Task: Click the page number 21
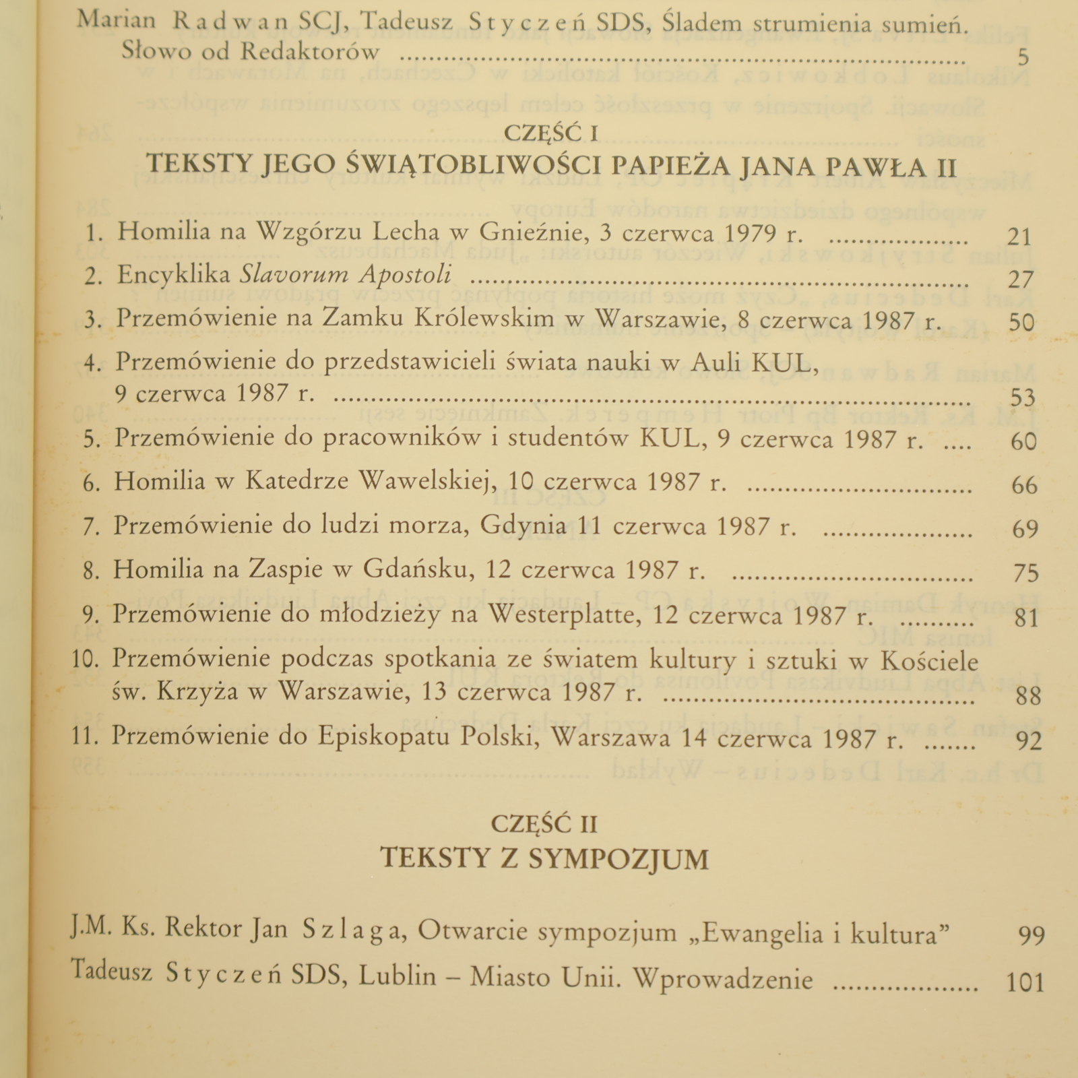(1019, 236)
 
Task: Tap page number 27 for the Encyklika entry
(1021, 279)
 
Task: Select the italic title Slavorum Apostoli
(346, 275)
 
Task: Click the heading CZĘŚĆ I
(551, 133)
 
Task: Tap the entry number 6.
(92, 483)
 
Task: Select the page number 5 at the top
(1023, 57)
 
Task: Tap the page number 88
(1028, 695)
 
